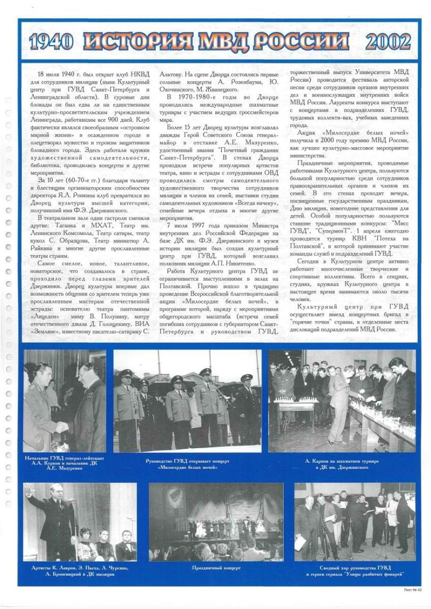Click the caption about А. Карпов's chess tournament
tap(342, 463)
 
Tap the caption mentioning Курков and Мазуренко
tap(64, 463)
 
